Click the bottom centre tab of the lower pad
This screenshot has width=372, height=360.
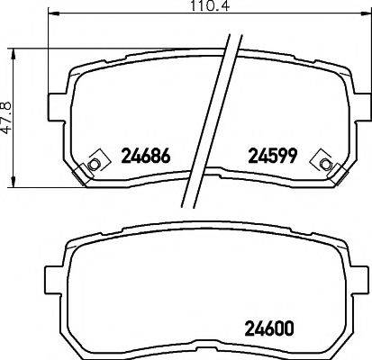click(x=206, y=353)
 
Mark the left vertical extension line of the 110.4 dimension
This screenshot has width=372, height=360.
click(x=48, y=63)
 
